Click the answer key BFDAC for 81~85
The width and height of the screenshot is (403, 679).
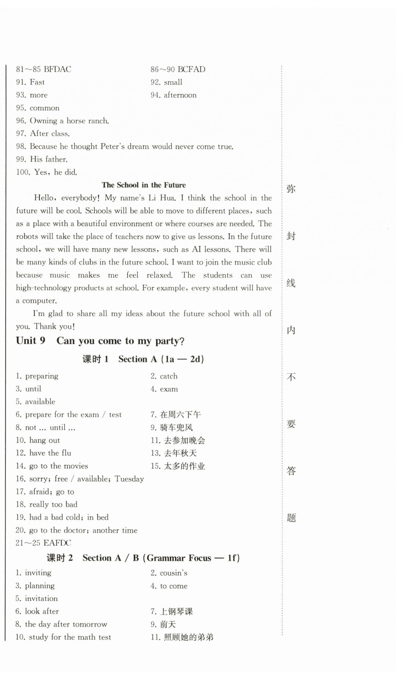tap(57, 69)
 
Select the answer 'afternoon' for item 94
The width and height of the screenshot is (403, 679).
tap(180, 95)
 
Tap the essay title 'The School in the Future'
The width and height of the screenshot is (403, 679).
tap(144, 185)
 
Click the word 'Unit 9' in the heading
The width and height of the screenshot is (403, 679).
tap(31, 341)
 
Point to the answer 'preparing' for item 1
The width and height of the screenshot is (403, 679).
tap(42, 376)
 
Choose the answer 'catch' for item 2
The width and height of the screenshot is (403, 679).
tap(169, 376)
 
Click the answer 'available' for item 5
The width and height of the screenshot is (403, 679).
tap(40, 402)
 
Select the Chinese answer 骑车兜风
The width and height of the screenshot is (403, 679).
tap(176, 428)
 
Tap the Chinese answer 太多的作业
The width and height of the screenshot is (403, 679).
tap(185, 466)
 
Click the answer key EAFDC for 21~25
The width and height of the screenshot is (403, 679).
tap(57, 543)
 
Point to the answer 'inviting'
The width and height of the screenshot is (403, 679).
tap(38, 573)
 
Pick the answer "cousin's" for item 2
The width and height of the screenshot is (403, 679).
tap(174, 573)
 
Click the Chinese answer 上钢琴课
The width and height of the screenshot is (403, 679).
tap(176, 611)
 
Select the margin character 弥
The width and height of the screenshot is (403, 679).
tap(291, 189)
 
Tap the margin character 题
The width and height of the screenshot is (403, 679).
tap(291, 518)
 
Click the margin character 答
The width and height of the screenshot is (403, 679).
tap(291, 471)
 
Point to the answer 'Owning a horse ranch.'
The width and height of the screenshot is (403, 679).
tap(69, 121)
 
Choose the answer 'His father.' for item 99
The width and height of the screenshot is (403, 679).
tap(49, 159)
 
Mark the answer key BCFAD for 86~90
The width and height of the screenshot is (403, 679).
tap(191, 69)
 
